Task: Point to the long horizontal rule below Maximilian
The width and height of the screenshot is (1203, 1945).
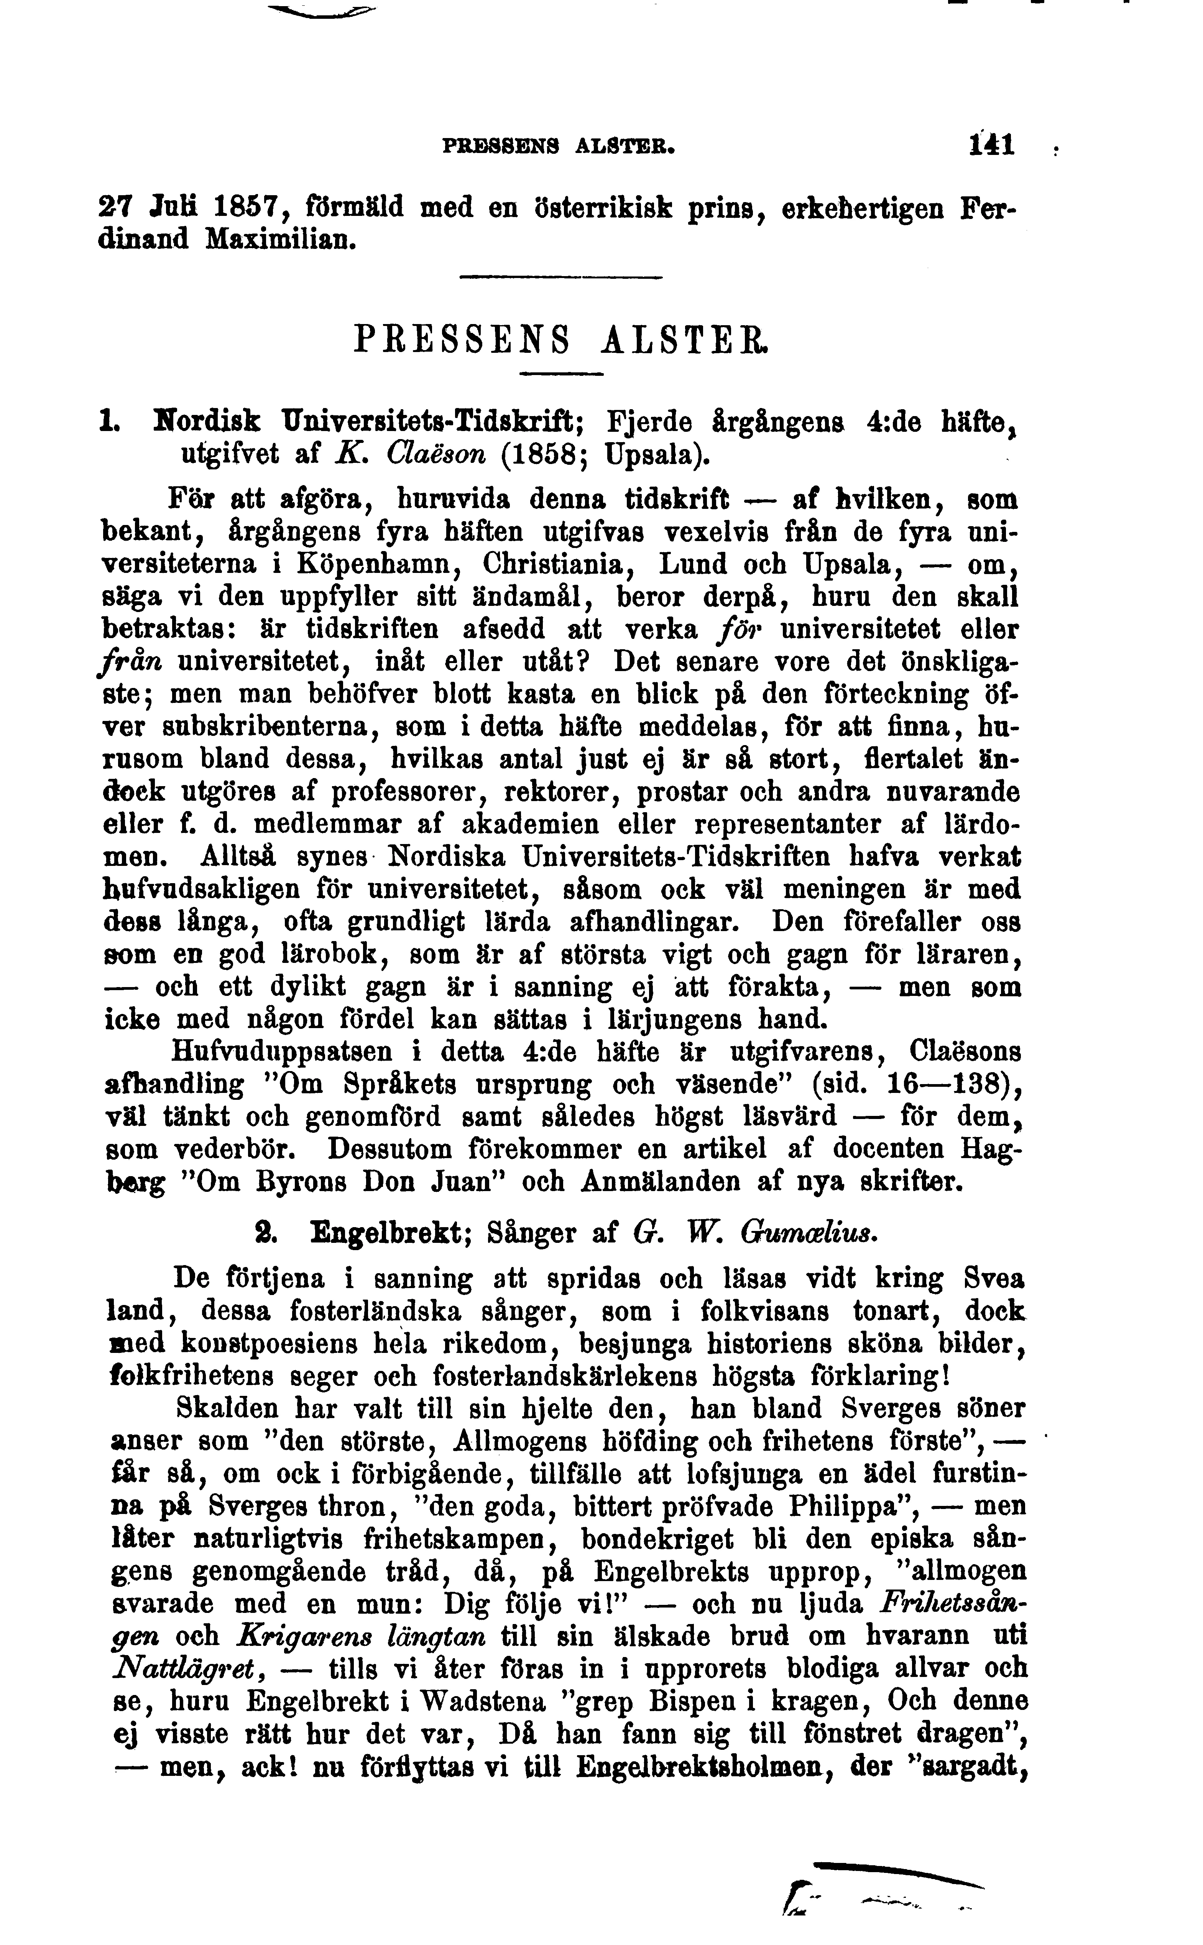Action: pos(562,277)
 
